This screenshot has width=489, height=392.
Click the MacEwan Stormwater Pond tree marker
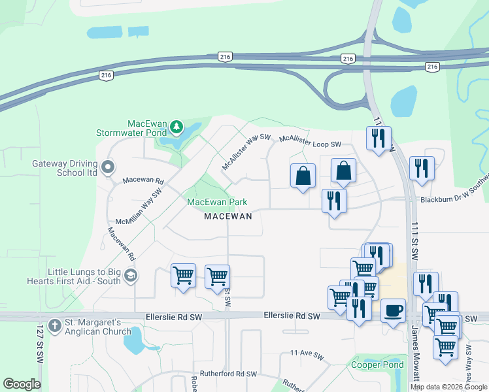point(176,125)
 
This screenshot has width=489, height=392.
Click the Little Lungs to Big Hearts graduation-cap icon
point(131,276)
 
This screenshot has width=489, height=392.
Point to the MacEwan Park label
point(217,203)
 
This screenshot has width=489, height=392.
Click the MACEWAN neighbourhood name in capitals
point(228,216)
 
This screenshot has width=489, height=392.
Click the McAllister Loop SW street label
point(311,140)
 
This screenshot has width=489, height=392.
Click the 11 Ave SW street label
point(307,355)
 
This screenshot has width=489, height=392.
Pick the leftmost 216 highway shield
point(107,76)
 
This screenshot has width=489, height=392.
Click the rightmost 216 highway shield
point(432,67)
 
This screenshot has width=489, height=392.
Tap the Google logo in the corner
point(22,384)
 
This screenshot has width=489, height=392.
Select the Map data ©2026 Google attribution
point(448,387)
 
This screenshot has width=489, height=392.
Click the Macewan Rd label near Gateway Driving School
point(143,180)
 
